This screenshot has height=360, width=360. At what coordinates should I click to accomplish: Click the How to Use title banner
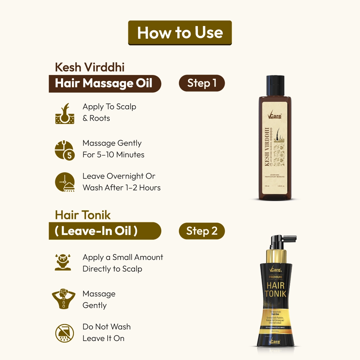coord(180,33)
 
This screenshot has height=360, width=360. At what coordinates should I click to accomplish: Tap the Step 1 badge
coord(202,83)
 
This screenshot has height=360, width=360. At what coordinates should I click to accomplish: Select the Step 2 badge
coord(202,231)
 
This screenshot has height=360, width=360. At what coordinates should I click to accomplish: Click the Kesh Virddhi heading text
coord(90,67)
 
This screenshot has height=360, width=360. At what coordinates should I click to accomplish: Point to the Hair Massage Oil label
coord(104,83)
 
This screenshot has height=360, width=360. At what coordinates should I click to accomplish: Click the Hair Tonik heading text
coord(83,215)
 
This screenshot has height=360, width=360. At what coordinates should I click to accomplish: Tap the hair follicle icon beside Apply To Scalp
coord(64,114)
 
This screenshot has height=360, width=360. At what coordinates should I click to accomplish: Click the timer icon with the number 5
coord(64,150)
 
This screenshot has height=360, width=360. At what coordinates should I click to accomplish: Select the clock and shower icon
coord(64,182)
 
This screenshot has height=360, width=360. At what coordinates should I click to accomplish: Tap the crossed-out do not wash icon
coord(64,333)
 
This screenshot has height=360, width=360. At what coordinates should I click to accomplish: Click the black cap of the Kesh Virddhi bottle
coord(275,86)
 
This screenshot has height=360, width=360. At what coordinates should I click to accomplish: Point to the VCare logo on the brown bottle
coord(275,116)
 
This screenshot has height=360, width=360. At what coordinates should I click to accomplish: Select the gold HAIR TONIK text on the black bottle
coord(275,289)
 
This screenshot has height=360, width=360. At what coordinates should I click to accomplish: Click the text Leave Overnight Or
coord(119,176)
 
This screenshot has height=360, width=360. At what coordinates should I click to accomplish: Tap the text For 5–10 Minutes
coord(113,155)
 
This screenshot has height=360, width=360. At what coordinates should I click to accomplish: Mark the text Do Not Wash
coord(107,327)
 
